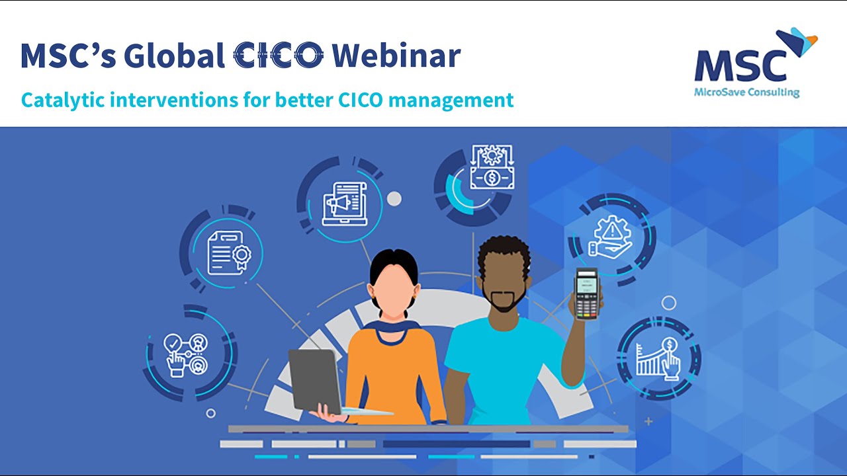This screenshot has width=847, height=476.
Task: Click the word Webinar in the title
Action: (396, 56)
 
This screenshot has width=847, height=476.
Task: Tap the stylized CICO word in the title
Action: (279, 56)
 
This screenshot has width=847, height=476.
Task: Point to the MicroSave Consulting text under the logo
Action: (746, 93)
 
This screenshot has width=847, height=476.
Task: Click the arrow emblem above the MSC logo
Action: (797, 41)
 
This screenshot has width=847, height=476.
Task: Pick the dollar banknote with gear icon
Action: (492, 169)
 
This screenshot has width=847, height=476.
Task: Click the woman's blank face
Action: (394, 291)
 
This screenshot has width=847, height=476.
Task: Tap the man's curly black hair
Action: (504, 255)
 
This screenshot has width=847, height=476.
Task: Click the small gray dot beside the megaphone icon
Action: (394, 198)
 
